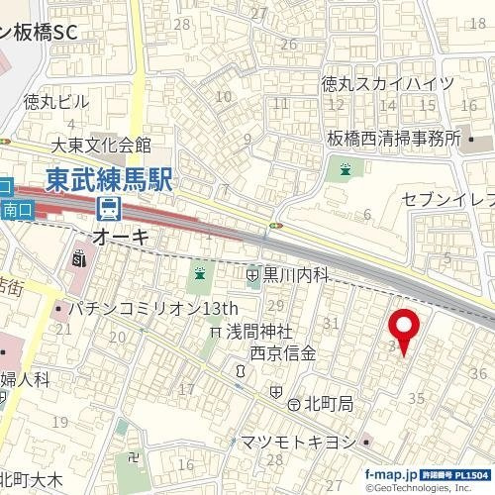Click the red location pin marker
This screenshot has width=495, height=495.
[403, 331]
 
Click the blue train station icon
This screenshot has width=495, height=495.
[108, 209]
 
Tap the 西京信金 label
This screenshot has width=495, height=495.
[282, 352]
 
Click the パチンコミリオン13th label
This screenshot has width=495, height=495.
[159, 309]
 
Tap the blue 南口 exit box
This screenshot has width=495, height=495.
[18, 209]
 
